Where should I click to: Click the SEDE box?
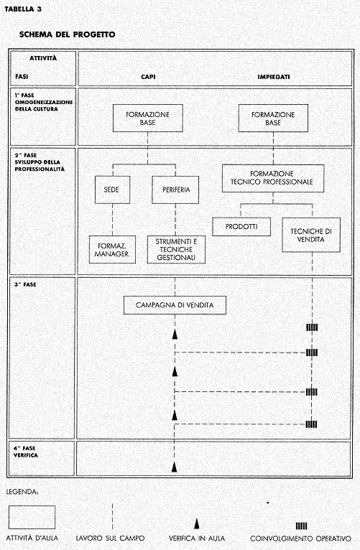[x=112, y=190]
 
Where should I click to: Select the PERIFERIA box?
[x=175, y=190]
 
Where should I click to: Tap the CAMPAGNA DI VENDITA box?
[x=175, y=305]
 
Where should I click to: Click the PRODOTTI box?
[x=241, y=227]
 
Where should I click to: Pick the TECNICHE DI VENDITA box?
[x=311, y=235]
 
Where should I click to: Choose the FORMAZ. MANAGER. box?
[x=112, y=249]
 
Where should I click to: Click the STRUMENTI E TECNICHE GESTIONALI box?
[x=176, y=249]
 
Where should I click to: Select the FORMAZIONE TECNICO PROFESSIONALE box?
[x=273, y=178]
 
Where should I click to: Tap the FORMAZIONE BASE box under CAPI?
[x=148, y=118]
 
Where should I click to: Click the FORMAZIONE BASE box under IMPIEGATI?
[x=273, y=118]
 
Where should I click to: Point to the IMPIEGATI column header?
[x=274, y=77]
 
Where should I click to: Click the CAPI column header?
[x=148, y=77]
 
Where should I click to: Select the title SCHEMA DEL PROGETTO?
[x=67, y=34]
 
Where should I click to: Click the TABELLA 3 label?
[x=23, y=9]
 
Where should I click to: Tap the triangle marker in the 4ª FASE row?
[x=175, y=467]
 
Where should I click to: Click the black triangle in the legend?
[x=197, y=524]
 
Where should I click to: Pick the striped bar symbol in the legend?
[x=301, y=526]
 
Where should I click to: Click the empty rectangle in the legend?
[x=32, y=517]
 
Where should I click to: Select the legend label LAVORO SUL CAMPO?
[x=110, y=539]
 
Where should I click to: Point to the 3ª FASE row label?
[x=25, y=285]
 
